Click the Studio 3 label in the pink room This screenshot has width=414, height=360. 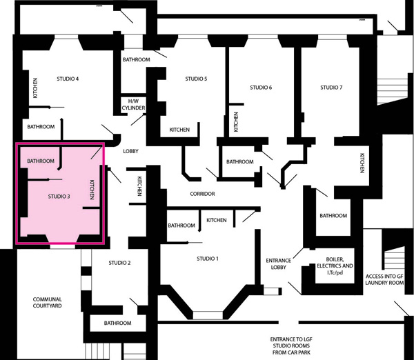coord(59,197)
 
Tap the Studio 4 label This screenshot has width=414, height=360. coord(68,79)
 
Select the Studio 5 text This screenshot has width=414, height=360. coord(196,79)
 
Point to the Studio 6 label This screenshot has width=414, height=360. coord(261,88)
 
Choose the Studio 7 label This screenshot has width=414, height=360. coord(331,88)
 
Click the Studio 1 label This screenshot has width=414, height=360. coord(208,259)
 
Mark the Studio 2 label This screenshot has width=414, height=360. coord(119,263)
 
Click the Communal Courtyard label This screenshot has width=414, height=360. coord(47,303)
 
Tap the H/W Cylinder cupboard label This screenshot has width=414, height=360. coord(133,105)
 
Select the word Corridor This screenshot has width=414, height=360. coord(202,194)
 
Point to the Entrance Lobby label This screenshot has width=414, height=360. coord(279,264)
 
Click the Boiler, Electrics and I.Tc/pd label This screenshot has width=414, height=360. coord(335,266)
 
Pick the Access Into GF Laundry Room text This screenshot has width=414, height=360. coord(384,279)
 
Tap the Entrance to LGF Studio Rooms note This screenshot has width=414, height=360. coord(291,346)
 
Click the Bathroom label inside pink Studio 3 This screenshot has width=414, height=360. coord(41,161)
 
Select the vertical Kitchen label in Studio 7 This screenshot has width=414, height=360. coord(362,163)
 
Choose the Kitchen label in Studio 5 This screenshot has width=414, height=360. coord(179,130)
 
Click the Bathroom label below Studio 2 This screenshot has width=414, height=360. coord(117,323)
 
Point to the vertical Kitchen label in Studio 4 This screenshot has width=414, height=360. coord(35,88)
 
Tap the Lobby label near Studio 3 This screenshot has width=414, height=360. coord(130,151)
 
